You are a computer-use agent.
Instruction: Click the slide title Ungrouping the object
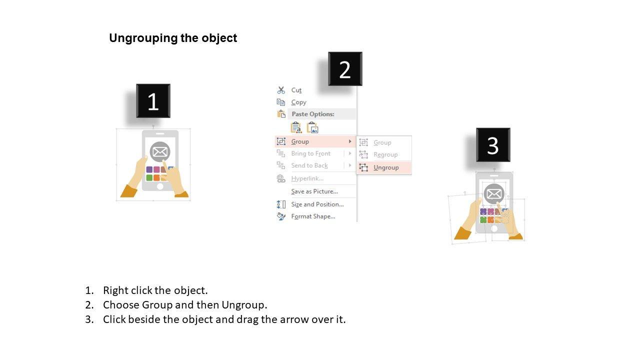(x=173, y=38)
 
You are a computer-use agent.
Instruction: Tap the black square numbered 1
(x=153, y=101)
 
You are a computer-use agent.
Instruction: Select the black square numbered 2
(x=345, y=69)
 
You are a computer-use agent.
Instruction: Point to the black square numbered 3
(x=493, y=145)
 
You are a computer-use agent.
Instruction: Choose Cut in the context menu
(x=296, y=90)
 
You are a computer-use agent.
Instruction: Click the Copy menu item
(x=298, y=102)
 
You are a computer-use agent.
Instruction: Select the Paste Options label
(x=313, y=114)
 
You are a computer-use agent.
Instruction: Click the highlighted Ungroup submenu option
(x=386, y=167)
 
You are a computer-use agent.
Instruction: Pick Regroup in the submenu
(x=385, y=155)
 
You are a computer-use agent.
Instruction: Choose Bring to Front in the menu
(x=310, y=153)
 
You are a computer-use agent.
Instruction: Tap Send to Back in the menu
(x=309, y=165)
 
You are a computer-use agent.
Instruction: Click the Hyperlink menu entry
(x=307, y=178)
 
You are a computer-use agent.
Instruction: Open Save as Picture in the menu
(x=314, y=191)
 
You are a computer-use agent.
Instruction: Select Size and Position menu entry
(x=317, y=204)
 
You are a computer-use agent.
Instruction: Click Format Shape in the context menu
(x=313, y=216)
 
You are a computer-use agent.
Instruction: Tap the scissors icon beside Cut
(x=281, y=90)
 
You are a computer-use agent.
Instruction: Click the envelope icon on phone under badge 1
(x=160, y=151)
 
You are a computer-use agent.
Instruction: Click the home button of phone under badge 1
(x=160, y=186)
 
